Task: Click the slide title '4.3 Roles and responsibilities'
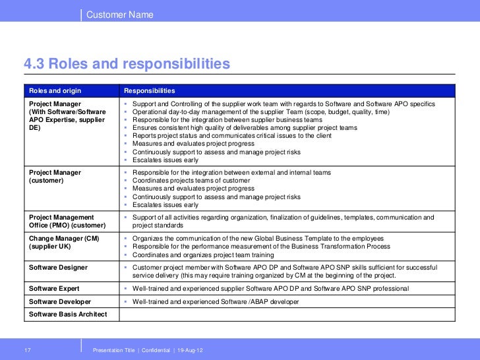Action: (x=127, y=65)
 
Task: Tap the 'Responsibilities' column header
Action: (x=150, y=90)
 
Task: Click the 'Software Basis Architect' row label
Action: (x=67, y=314)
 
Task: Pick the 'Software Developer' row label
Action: (x=59, y=301)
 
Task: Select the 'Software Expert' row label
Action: (x=54, y=289)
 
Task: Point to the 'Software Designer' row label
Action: (x=58, y=267)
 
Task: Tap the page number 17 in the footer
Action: (x=28, y=349)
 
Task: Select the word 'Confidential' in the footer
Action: (x=152, y=349)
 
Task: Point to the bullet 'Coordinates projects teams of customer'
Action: (x=191, y=181)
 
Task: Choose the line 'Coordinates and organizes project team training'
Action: (x=203, y=255)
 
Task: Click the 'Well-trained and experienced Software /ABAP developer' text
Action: (x=215, y=301)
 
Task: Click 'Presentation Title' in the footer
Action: (x=114, y=349)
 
